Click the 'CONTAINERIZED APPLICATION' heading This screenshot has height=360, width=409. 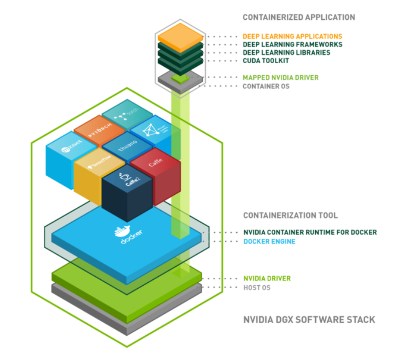pos(299,17)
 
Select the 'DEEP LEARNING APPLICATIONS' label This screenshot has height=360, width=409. pos(292,36)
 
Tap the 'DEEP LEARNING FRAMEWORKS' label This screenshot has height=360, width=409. pos(292,44)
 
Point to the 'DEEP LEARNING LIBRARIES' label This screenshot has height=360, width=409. pos(286,53)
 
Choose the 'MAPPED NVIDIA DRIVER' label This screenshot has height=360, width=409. pos(280,78)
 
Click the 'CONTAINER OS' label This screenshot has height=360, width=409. pos(266,86)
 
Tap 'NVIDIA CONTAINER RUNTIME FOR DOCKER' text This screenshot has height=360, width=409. pos(310,232)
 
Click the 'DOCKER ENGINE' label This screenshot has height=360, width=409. pos(269,241)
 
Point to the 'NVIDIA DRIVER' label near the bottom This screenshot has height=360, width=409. pos(267,279)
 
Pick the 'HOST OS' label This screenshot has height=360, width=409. pos(257,287)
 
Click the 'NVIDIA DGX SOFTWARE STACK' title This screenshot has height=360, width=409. pos(309,320)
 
